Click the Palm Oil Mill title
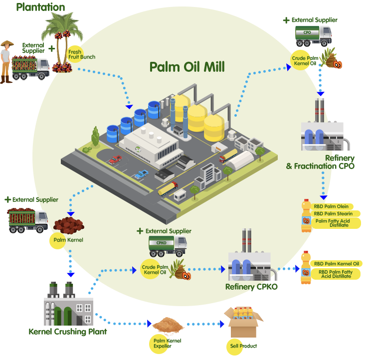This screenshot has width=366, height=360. (x=187, y=67)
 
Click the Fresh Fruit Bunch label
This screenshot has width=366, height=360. (x=81, y=54)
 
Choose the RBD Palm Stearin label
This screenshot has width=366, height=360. (x=333, y=214)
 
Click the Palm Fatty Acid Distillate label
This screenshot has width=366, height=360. (x=335, y=223)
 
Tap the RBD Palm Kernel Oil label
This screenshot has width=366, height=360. (x=336, y=264)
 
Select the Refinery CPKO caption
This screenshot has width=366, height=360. (x=251, y=287)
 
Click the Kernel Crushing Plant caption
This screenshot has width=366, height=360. (x=68, y=332)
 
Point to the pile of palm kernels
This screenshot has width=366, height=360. (x=69, y=227)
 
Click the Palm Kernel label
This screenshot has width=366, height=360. (x=68, y=240)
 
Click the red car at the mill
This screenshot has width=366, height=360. (x=116, y=160)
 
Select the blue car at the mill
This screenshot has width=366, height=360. (x=142, y=175)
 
